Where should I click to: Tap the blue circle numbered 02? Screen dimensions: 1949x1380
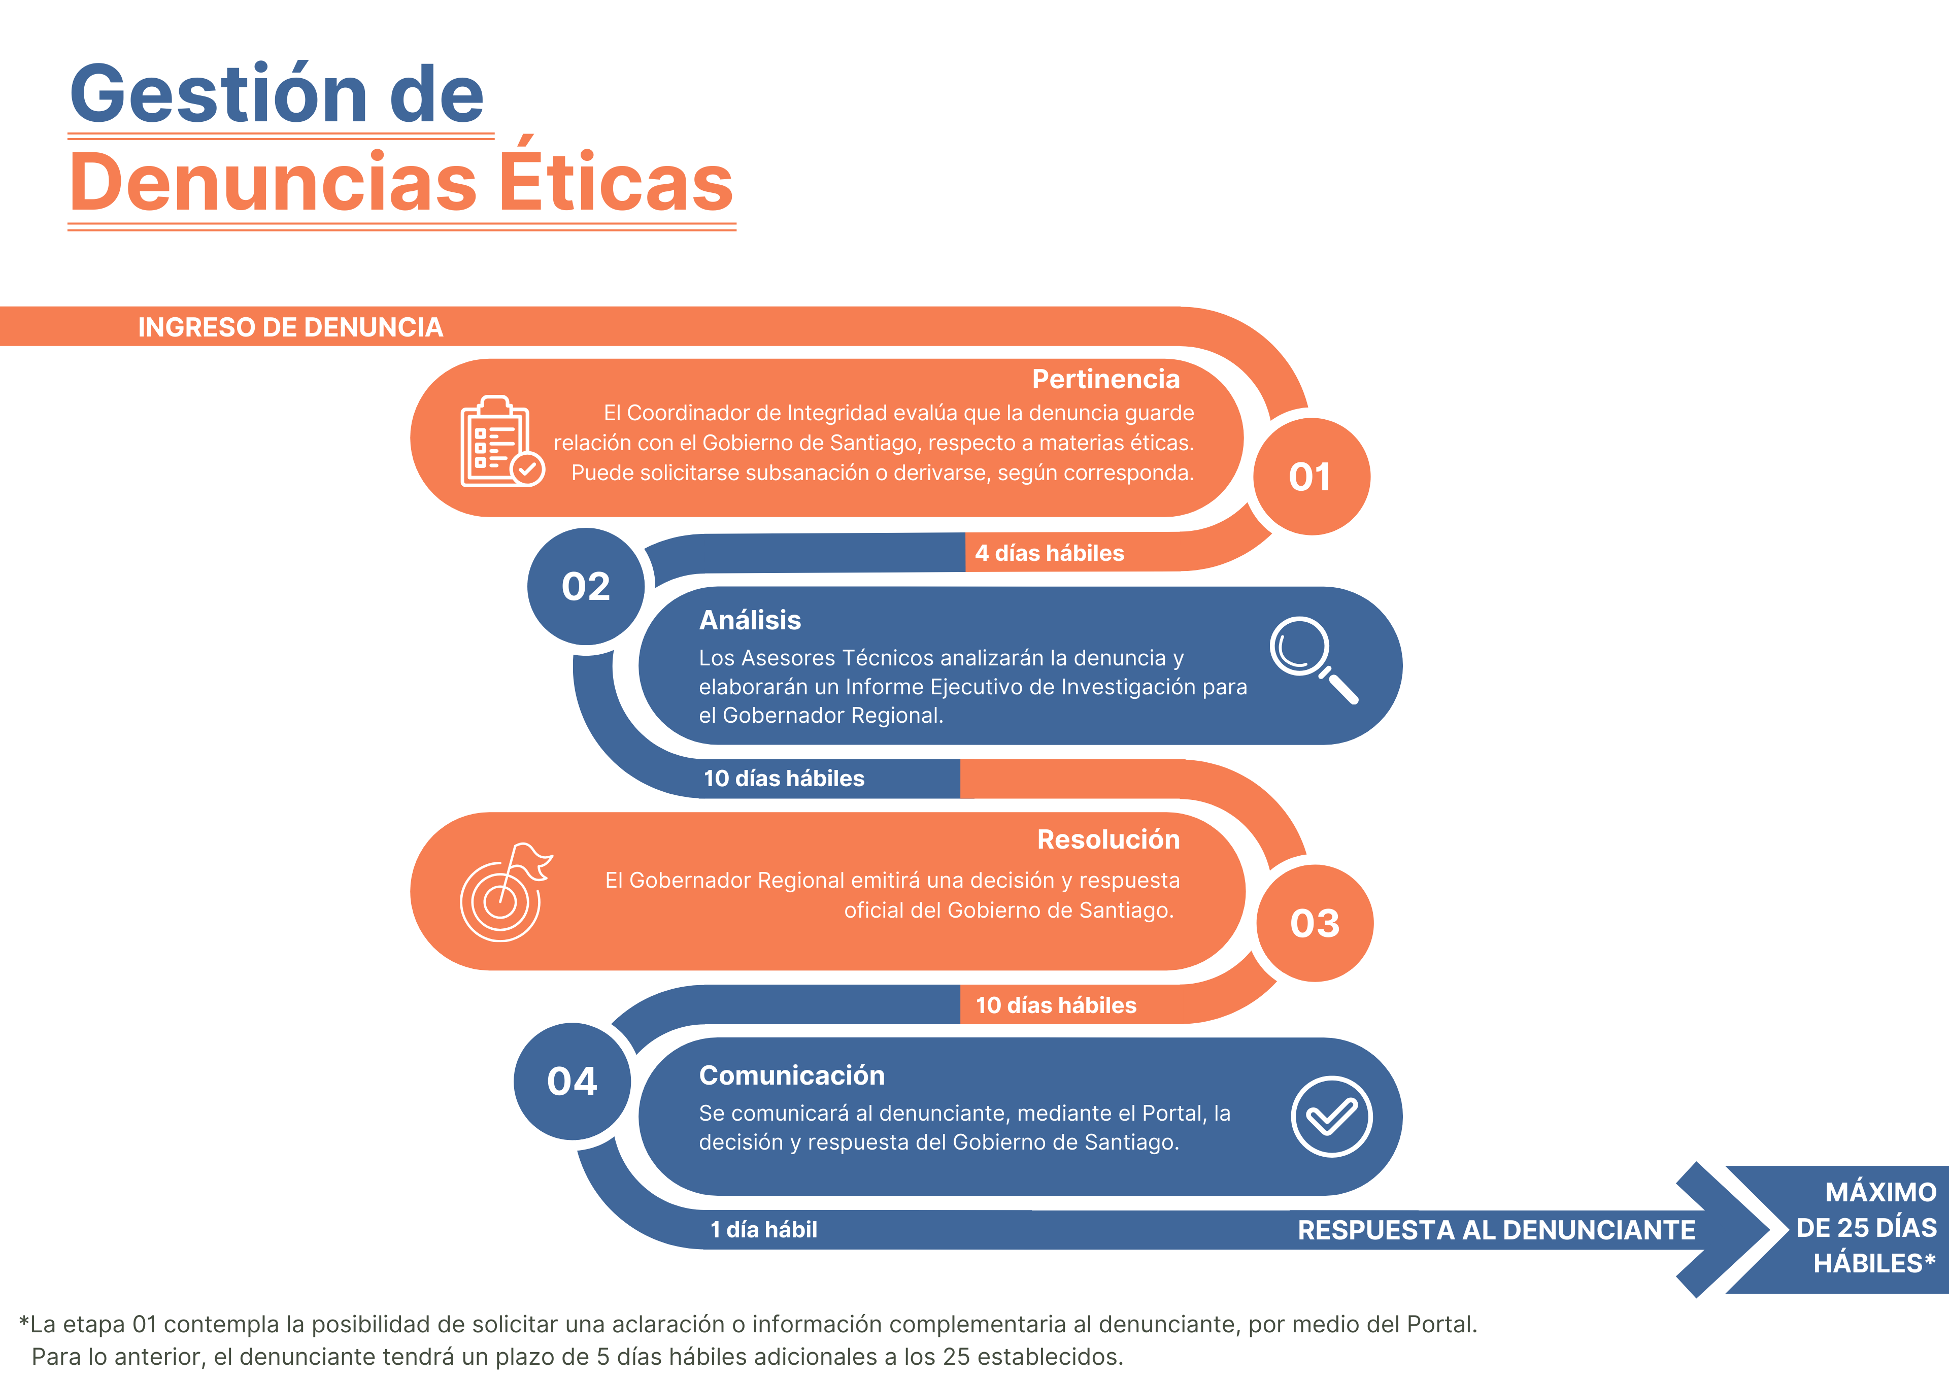pyautogui.click(x=585, y=586)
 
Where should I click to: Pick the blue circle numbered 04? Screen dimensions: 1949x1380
pyautogui.click(x=572, y=1081)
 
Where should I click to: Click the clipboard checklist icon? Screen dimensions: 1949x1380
pyautogui.click(x=502, y=441)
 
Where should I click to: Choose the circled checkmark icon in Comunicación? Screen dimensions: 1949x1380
pyautogui.click(x=1331, y=1117)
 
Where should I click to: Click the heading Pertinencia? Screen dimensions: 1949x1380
pyautogui.click(x=1105, y=379)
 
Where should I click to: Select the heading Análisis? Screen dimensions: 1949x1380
pyautogui.click(x=750, y=620)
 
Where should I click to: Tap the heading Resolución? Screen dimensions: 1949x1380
pyautogui.click(x=1108, y=839)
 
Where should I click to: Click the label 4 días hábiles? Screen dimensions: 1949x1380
pyautogui.click(x=1049, y=553)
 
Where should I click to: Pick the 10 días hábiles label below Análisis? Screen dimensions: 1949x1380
pyautogui.click(x=783, y=779)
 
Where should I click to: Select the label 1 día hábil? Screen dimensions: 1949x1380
pyautogui.click(x=764, y=1230)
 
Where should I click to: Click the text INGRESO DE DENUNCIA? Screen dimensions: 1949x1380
pyautogui.click(x=290, y=327)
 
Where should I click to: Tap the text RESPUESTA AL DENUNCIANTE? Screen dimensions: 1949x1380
pyautogui.click(x=1496, y=1230)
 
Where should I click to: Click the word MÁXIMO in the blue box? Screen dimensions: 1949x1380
pyautogui.click(x=1881, y=1192)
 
